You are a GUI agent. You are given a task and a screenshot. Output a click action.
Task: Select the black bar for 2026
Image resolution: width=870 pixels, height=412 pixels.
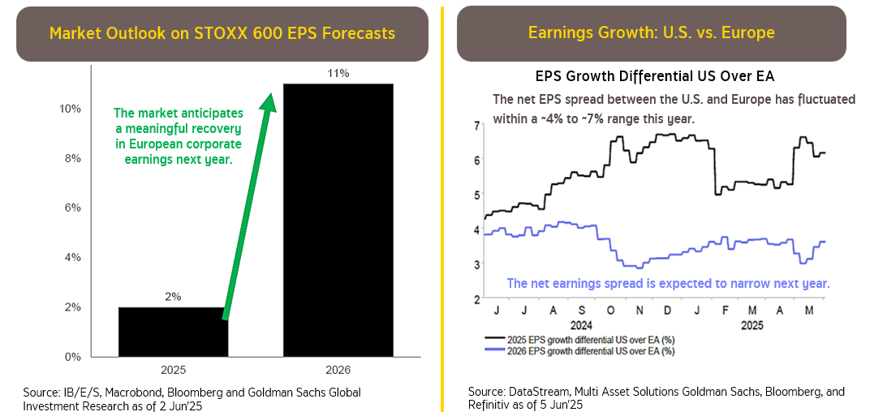(x=338, y=219)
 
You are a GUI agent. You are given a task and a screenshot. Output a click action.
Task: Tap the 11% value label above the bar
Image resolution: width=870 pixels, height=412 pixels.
(x=338, y=74)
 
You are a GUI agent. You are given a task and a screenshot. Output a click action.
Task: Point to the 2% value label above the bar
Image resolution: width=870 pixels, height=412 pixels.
(x=173, y=297)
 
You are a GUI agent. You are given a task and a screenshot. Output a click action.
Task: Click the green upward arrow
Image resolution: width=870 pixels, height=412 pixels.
(x=247, y=203)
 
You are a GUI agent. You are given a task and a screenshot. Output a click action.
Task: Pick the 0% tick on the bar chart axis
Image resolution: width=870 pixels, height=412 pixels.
(x=73, y=357)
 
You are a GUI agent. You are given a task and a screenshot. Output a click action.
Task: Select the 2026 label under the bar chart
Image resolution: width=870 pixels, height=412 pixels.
(x=338, y=370)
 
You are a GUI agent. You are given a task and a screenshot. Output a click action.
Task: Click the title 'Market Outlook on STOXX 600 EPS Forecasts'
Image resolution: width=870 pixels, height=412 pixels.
(x=222, y=33)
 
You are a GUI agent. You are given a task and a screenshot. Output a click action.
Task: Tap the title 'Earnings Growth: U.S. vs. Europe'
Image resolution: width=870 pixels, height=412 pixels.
(x=651, y=33)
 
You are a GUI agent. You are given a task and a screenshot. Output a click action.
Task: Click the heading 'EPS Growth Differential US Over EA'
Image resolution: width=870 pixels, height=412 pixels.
(x=655, y=77)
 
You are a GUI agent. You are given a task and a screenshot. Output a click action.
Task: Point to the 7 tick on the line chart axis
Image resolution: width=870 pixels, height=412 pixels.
(x=476, y=123)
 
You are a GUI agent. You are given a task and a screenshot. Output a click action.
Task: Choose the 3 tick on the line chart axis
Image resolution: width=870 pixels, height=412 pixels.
(x=476, y=264)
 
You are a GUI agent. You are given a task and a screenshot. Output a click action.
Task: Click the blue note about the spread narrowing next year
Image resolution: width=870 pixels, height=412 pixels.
(x=667, y=284)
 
